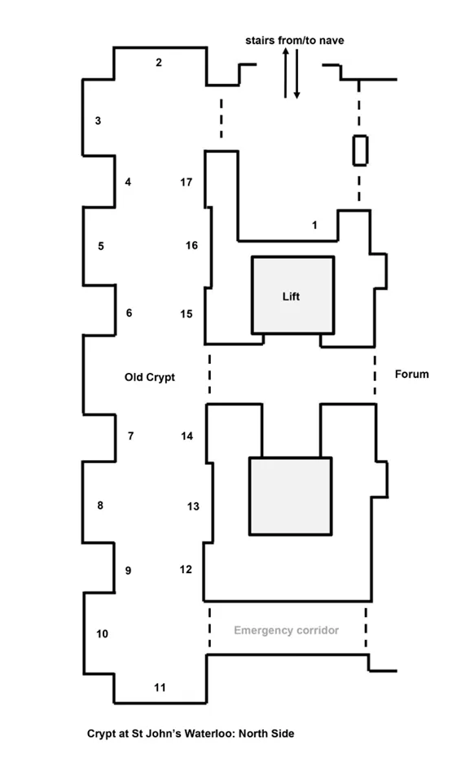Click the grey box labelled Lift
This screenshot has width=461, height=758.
[292, 295]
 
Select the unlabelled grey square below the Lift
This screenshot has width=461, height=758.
[290, 496]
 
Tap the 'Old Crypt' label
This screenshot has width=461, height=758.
[150, 377]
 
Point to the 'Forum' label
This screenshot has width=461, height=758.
[411, 375]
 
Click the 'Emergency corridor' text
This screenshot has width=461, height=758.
[287, 630]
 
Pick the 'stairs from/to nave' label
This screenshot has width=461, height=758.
[295, 41]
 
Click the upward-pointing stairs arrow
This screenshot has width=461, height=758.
[286, 72]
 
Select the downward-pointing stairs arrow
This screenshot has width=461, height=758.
[296, 73]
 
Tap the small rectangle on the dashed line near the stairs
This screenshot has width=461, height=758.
[360, 151]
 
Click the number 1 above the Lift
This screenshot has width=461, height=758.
[314, 225]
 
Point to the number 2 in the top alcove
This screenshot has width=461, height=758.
[159, 63]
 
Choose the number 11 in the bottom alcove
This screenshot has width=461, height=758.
[160, 687]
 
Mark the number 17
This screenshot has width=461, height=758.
[187, 182]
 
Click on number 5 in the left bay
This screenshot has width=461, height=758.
[101, 246]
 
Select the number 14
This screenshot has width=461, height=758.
[187, 436]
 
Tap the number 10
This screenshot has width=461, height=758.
[102, 633]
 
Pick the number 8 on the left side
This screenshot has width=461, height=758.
[100, 505]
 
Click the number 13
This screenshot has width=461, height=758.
[193, 506]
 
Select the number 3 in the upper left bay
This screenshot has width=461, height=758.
[98, 120]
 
